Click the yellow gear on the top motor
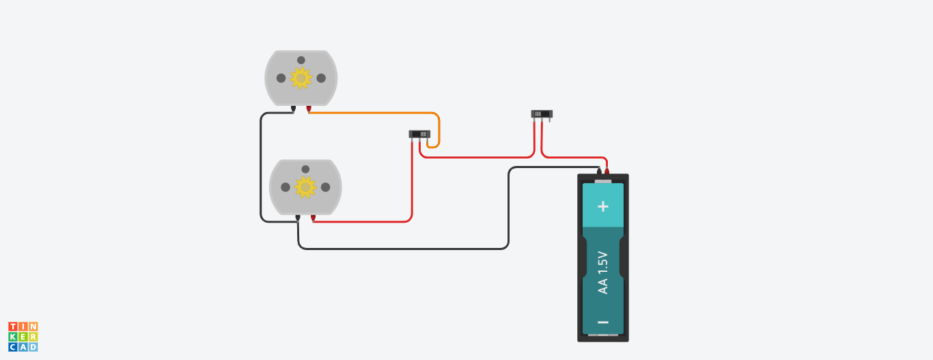click(301, 79)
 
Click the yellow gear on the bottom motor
click(305, 186)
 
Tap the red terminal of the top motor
click(309, 109)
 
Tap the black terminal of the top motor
click(293, 109)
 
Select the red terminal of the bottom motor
click(314, 218)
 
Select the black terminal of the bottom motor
click(298, 218)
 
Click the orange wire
click(382, 113)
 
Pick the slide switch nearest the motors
click(420, 134)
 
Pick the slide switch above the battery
click(542, 114)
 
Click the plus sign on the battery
click(602, 206)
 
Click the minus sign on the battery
click(602, 322)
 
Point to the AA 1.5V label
click(602, 273)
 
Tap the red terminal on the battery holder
click(606, 171)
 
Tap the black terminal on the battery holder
click(598, 171)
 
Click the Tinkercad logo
click(23, 337)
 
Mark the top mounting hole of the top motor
click(301, 60)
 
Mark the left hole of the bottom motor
click(286, 186)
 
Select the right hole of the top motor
click(321, 78)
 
